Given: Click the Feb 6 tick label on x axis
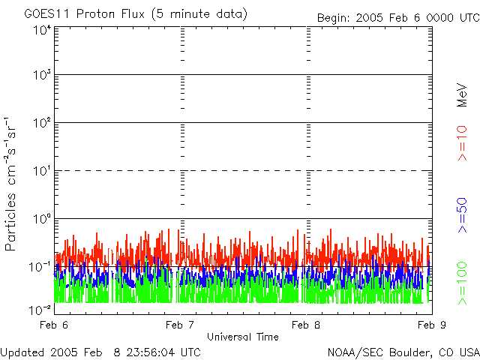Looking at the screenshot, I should tap(54, 324).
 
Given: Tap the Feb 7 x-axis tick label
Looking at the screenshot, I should tap(180, 324).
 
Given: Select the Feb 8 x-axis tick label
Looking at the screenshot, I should tap(306, 324).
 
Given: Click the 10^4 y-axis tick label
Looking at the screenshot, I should tap(40, 30).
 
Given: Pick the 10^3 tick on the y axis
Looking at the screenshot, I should tap(40, 75).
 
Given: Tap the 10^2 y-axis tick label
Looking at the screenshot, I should tap(40, 122).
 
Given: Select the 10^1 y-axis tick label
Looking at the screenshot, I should tap(40, 170).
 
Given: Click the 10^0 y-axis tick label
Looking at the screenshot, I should tap(40, 218).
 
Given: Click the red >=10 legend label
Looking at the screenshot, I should tap(463, 143).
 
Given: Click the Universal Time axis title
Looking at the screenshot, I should tap(243, 337).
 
